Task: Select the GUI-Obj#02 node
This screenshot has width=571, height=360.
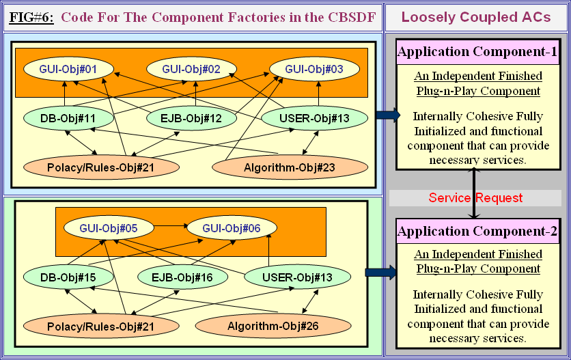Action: (191, 69)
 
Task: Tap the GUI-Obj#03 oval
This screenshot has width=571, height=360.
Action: (314, 69)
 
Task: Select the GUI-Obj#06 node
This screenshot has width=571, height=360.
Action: (229, 228)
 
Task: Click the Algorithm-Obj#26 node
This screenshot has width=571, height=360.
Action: (263, 326)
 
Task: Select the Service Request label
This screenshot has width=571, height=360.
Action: (475, 198)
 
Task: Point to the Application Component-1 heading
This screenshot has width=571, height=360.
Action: (477, 52)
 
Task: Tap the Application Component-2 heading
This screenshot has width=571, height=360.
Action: (477, 232)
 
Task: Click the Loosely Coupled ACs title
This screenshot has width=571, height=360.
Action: (476, 18)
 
